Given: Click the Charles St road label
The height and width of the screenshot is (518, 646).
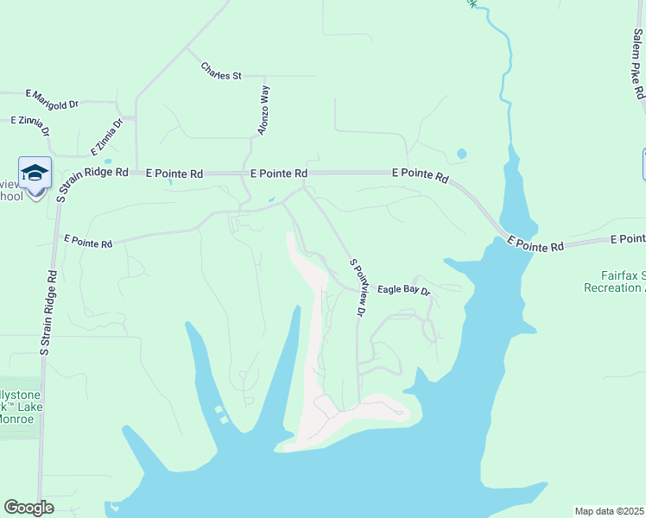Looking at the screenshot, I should (x=220, y=71).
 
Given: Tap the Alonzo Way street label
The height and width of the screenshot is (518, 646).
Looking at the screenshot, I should (x=264, y=110).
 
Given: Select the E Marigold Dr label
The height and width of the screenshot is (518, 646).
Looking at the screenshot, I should (x=52, y=98).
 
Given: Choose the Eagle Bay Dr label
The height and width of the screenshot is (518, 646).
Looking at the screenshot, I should (x=404, y=290).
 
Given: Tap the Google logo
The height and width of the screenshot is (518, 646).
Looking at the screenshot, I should (x=29, y=508).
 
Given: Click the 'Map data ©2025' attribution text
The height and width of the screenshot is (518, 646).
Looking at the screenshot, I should (x=609, y=511).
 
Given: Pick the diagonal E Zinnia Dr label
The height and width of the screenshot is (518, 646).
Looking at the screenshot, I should (x=107, y=136).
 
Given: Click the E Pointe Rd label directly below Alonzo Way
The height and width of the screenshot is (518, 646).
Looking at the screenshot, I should (x=279, y=174).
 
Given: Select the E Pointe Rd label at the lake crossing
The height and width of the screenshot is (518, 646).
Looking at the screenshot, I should (x=535, y=244).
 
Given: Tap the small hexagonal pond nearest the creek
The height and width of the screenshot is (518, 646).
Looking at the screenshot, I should (x=461, y=155).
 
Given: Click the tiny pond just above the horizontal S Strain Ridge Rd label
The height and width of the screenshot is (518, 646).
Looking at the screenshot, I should (x=108, y=161).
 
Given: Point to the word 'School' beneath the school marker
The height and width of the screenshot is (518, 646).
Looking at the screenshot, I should (x=11, y=196).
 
